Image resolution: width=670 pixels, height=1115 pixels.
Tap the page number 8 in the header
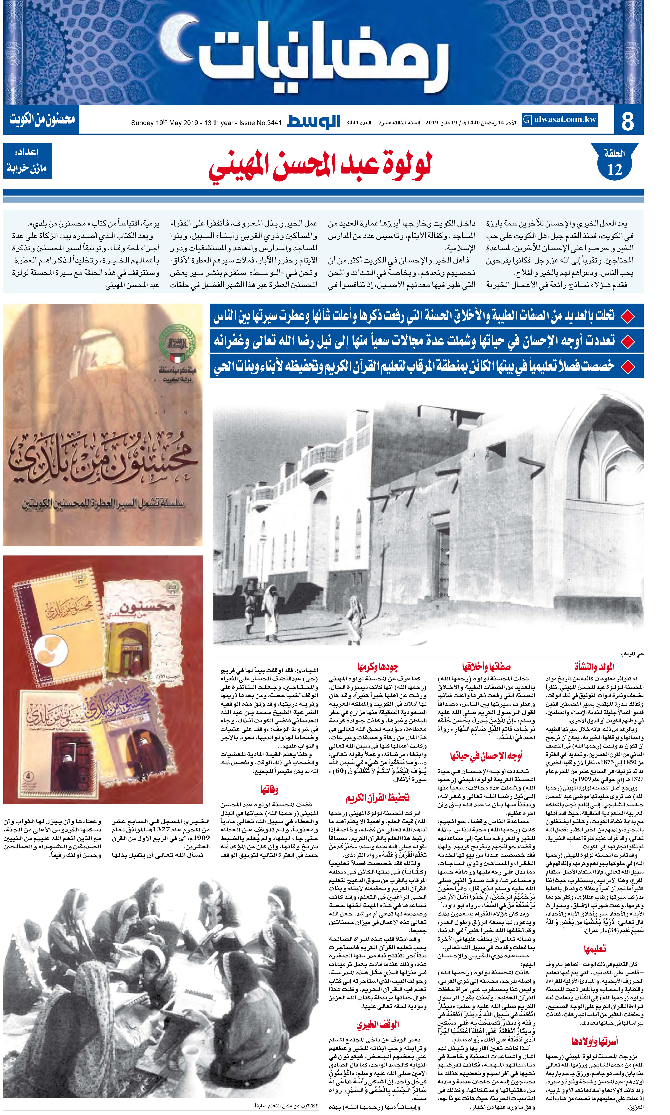[628, 120]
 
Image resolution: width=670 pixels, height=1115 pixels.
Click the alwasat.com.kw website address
[560, 120]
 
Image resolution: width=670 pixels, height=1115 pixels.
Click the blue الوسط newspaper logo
[314, 121]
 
